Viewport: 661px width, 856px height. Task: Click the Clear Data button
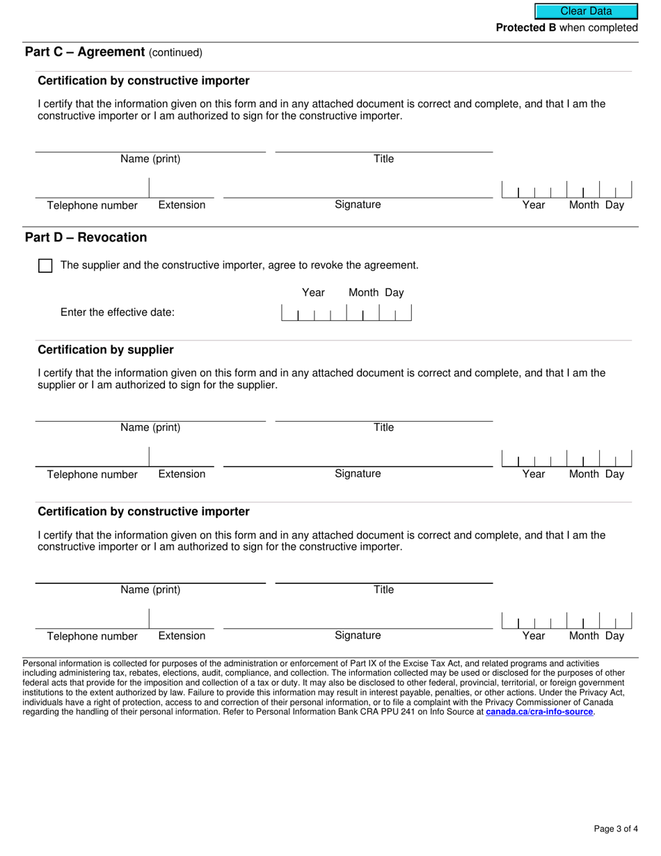(586, 11)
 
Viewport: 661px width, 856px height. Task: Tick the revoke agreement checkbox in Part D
(45, 266)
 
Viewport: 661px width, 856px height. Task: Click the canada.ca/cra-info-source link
(539, 712)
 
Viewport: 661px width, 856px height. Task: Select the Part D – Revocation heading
(86, 237)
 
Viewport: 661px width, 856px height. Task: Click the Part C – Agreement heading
(85, 52)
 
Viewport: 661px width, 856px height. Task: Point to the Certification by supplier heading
(106, 349)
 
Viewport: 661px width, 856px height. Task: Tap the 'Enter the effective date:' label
(118, 312)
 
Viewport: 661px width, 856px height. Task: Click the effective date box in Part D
(346, 313)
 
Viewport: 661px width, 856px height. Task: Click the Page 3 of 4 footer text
(616, 828)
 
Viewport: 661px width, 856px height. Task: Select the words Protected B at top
(526, 28)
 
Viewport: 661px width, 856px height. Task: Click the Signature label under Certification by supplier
(358, 474)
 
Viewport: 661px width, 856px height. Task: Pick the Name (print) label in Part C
(150, 159)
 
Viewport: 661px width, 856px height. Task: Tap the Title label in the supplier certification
(383, 427)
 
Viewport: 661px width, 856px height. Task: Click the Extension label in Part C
(182, 205)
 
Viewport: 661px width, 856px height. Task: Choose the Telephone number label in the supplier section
(92, 475)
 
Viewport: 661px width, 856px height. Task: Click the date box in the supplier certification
(566, 459)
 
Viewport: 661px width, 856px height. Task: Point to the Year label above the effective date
(313, 292)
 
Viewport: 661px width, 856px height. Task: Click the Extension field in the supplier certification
(182, 457)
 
